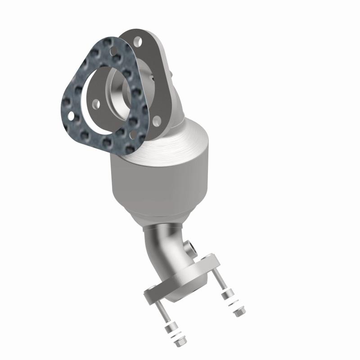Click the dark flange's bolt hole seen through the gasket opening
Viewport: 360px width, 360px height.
tap(96, 103)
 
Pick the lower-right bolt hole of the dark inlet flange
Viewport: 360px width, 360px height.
tap(156, 120)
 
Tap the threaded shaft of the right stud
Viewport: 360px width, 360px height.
tap(221, 281)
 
